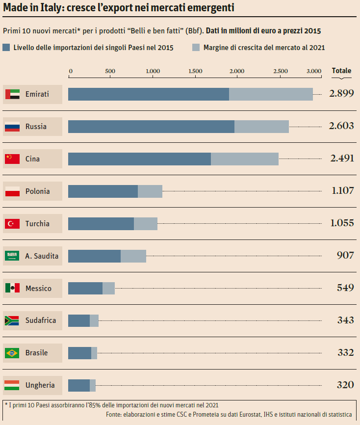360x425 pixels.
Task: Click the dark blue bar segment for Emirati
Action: [148, 94]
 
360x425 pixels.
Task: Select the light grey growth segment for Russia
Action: [261, 127]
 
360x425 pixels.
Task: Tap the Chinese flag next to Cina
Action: [12, 159]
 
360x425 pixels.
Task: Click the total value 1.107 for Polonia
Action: [342, 191]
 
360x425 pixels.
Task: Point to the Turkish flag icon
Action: [12, 224]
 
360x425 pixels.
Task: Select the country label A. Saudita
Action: [42, 256]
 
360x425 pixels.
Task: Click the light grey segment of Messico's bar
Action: [108, 289]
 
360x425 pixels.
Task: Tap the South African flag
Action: [12, 320]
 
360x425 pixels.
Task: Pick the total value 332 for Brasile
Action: [345, 353]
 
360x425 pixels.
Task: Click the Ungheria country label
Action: [40, 385]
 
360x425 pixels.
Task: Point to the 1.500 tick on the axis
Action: [195, 71]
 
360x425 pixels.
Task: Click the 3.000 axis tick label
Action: [313, 71]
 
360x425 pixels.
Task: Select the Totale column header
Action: [341, 71]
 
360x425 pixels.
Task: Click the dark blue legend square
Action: [6, 48]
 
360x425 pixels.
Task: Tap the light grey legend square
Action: [196, 48]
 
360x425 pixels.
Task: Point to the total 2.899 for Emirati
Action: [341, 94]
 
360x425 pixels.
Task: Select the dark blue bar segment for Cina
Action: [139, 159]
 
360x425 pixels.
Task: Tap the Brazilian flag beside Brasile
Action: [12, 353]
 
